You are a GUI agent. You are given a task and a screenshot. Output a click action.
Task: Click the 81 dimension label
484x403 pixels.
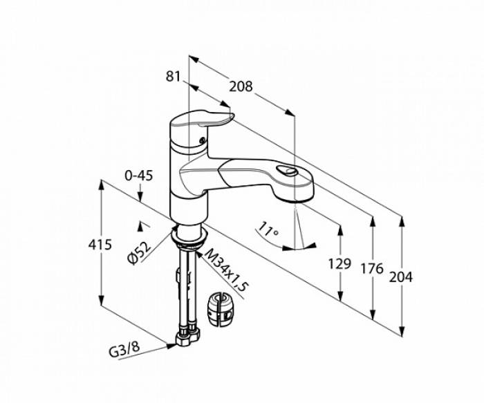[x=173, y=76]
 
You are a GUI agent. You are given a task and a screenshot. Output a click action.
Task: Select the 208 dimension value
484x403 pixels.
[x=241, y=86]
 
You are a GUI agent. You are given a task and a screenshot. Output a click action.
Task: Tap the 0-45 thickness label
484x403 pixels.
[x=138, y=176]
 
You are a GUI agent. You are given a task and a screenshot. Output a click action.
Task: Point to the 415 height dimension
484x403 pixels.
[x=100, y=245]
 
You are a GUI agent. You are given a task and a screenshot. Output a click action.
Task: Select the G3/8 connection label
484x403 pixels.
[x=124, y=350]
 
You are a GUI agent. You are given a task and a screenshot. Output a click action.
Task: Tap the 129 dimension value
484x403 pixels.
[x=339, y=263]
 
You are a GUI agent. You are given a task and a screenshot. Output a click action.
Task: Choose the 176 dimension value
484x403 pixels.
[x=372, y=268]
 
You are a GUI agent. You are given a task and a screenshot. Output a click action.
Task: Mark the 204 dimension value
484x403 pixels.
[x=400, y=277]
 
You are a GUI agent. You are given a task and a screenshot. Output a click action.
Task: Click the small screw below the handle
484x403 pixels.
[x=202, y=140]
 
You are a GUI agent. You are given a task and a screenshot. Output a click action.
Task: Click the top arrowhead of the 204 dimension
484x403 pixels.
[x=401, y=221]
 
